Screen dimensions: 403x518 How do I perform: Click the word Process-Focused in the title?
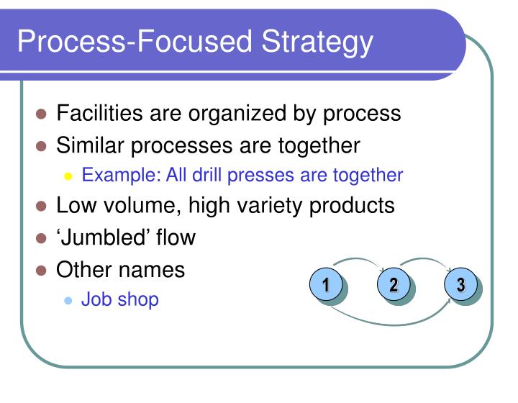click(135, 42)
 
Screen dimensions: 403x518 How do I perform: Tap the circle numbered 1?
click(326, 285)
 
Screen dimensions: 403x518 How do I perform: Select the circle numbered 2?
click(394, 285)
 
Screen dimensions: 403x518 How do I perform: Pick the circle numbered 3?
click(460, 285)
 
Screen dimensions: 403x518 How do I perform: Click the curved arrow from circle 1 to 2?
click(360, 260)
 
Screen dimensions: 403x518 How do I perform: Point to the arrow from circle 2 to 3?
click(427, 260)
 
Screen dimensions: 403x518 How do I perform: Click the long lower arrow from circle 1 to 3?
click(392, 322)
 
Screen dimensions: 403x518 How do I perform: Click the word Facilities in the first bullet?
click(101, 114)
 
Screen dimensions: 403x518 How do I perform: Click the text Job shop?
click(119, 299)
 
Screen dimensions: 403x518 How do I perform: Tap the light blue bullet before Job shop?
click(69, 300)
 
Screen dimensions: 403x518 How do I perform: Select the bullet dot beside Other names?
click(42, 271)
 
